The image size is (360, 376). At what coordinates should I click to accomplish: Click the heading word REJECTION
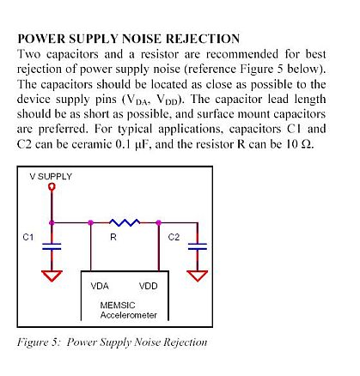coord(203,39)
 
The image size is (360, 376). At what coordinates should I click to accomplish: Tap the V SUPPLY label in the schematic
coord(51,177)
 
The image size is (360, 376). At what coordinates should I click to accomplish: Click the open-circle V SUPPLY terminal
coord(52,187)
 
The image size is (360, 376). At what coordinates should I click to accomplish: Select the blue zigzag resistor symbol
coord(125,222)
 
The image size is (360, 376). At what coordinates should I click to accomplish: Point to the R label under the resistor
coord(113,237)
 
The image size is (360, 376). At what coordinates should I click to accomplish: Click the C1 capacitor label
coord(28,237)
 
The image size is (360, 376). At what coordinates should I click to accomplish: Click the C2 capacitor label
coord(174,237)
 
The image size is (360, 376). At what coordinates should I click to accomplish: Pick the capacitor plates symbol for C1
coord(52,246)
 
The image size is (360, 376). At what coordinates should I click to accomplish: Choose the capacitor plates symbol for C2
coord(198,246)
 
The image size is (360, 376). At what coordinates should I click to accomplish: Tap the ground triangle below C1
coord(52,276)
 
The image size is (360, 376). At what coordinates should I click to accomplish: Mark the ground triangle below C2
coord(198,276)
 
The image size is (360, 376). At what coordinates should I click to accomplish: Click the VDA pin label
coord(100,286)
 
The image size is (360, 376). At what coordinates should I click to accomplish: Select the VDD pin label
coord(149,286)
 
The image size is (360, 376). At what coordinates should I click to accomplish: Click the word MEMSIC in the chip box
coord(118,305)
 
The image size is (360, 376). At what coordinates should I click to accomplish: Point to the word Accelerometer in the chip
coord(129,315)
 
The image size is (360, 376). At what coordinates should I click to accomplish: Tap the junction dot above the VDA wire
coord(91,222)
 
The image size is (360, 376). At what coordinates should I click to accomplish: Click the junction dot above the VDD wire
coord(158,222)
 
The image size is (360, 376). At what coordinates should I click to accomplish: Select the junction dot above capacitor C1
coord(52,222)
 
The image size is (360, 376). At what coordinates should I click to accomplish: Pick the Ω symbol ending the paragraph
coord(307,144)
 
